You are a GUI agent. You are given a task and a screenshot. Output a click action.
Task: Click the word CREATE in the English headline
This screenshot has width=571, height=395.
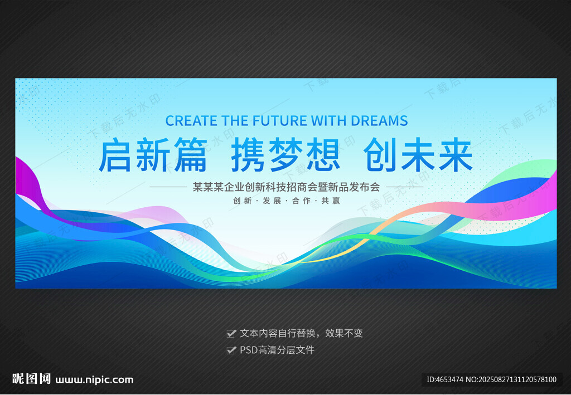[x=191, y=121]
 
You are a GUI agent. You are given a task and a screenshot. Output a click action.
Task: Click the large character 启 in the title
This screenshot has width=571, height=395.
[x=115, y=154]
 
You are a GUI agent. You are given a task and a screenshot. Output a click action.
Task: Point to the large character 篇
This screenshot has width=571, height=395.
[x=191, y=154]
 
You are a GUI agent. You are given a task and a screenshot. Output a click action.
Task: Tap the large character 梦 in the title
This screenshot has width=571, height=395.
[x=286, y=154]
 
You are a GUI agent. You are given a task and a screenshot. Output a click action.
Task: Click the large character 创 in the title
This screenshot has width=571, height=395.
[x=380, y=154]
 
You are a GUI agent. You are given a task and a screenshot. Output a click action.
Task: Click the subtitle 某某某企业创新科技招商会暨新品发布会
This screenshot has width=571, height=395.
[x=286, y=187]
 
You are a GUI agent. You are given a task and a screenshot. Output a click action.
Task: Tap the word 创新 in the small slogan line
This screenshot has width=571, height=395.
[x=243, y=201]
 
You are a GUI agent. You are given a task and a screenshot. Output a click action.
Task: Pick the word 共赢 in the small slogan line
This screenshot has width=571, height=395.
[x=331, y=201]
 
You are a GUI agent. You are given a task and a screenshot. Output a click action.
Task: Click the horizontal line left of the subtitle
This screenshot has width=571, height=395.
[x=168, y=187]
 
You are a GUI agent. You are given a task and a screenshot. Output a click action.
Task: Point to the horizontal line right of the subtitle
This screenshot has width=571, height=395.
[x=405, y=187]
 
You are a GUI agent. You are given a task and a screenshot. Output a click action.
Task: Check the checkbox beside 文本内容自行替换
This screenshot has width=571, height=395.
[x=231, y=333]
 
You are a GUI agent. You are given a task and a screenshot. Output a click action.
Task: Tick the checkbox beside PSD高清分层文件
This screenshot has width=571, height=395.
[x=231, y=350]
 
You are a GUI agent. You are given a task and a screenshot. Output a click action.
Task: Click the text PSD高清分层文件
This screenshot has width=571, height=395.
[x=277, y=350]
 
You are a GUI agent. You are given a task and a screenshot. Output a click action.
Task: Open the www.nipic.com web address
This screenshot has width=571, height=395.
[x=94, y=380]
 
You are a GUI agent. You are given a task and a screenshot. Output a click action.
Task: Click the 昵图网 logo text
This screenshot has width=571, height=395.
[x=31, y=379]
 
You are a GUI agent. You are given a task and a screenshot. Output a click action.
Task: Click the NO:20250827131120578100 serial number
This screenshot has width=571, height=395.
[x=511, y=379]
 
